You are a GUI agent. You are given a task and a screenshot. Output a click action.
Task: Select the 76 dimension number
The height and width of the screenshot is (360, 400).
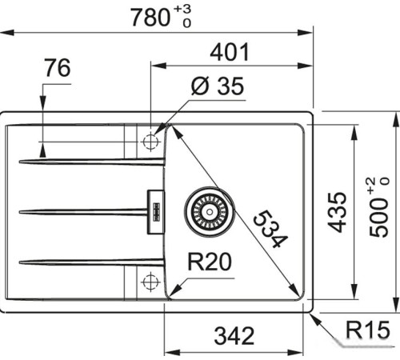tap(57, 69)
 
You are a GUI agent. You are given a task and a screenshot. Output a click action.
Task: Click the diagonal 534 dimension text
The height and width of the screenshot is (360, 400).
tap(267, 230)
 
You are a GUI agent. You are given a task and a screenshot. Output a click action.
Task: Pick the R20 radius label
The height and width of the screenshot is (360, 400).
tap(210, 262)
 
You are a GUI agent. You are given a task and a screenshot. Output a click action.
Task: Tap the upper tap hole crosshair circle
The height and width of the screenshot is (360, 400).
tap(149, 142)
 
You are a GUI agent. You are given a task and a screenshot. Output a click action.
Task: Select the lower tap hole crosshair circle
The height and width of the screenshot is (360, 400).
tap(149, 282)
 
